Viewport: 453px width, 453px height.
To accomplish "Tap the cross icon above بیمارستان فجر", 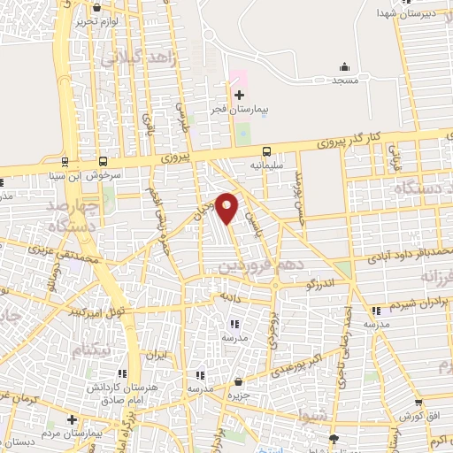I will [239, 95].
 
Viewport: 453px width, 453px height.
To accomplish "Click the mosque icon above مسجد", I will [343, 67].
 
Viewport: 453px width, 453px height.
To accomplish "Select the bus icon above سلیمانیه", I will [266, 150].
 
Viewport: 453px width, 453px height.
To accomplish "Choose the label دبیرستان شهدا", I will [408, 13].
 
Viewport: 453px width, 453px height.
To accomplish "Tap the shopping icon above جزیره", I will [238, 382].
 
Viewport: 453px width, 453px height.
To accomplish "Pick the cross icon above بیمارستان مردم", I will [72, 418].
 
